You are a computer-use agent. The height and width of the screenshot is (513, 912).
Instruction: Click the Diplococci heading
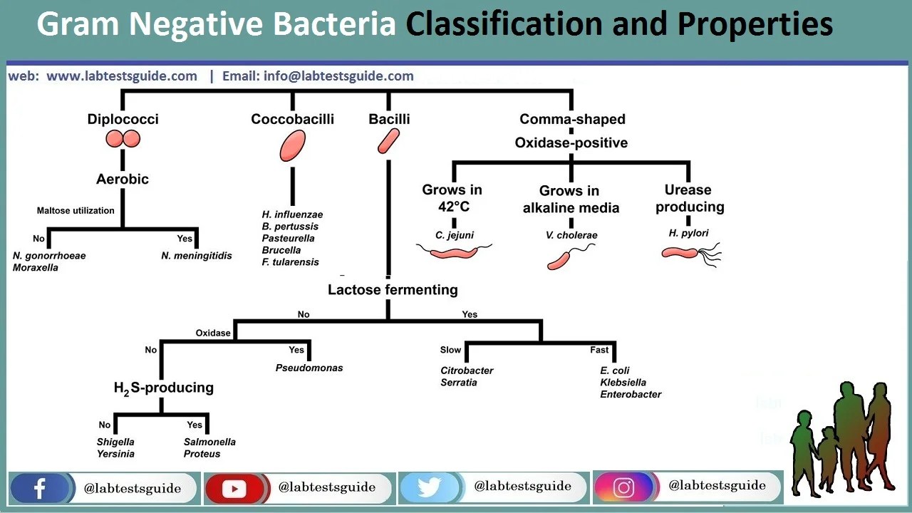(123, 119)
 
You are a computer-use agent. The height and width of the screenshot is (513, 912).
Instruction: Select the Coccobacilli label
(292, 119)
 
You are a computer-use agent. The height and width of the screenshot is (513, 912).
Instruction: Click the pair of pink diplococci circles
(123, 139)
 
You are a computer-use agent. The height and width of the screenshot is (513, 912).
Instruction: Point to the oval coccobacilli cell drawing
(292, 146)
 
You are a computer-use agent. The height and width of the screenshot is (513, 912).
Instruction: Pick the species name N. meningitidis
(197, 256)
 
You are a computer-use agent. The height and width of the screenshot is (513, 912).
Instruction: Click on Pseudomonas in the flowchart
(309, 368)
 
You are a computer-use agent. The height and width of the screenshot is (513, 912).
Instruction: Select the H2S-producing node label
(163, 388)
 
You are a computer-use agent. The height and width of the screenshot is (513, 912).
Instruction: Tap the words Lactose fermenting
(393, 289)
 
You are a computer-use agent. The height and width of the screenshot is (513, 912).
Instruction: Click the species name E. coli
(615, 370)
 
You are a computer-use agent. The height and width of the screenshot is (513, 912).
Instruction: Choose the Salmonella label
(209, 442)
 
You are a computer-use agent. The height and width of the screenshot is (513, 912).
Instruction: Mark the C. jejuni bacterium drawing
(454, 252)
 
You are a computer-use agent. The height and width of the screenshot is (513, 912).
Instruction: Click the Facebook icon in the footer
(39, 488)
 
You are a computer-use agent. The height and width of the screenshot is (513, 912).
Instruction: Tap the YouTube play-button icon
(234, 488)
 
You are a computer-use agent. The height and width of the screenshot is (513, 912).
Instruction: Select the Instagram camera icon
(623, 487)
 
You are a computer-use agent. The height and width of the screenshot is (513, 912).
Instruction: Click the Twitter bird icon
(429, 488)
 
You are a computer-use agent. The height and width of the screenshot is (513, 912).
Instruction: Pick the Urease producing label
(689, 198)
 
